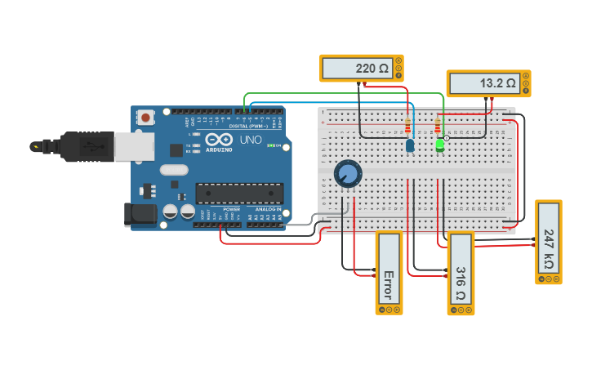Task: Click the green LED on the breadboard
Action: point(440,145)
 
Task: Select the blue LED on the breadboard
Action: point(410,145)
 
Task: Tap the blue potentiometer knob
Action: point(347,173)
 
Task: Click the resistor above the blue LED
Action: point(407,127)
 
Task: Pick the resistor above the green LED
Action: point(438,127)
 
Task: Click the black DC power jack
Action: point(139,214)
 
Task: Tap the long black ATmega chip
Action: point(238,193)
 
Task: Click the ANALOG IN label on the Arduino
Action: point(268,210)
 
